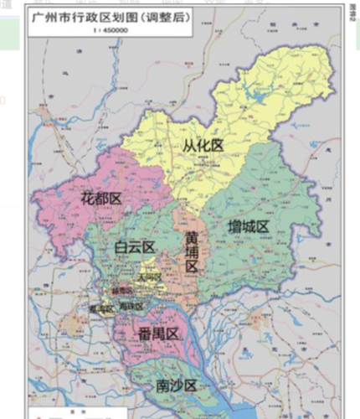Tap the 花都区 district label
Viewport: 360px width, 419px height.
pos(101,199)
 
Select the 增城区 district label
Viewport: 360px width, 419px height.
pos(248,226)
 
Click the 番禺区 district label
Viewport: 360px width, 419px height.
pos(159,335)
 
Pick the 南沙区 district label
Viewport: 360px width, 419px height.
pos(176,385)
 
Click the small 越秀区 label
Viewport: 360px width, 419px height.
pos(121,292)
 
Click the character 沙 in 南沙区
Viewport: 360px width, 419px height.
pos(176,385)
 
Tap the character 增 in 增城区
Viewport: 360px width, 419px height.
pos(234,226)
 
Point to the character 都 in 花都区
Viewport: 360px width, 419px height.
pos(101,199)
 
